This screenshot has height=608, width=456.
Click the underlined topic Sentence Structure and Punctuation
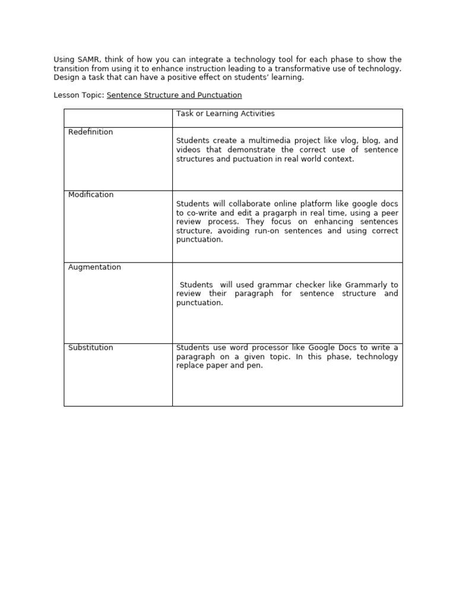174,95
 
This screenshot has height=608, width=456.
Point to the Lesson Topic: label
79,95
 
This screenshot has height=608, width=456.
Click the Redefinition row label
90,132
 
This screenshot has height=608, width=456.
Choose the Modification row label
91,195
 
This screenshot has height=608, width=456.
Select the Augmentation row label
94,267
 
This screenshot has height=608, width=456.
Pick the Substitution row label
90,347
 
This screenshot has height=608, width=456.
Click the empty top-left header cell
118,118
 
